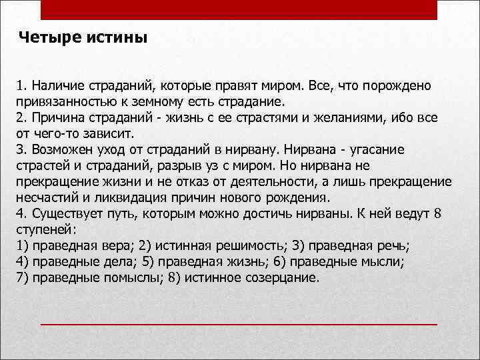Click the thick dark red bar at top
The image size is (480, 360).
pyautogui.click(x=239, y=9)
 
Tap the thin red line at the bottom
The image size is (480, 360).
pyautogui.click(x=239, y=324)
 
